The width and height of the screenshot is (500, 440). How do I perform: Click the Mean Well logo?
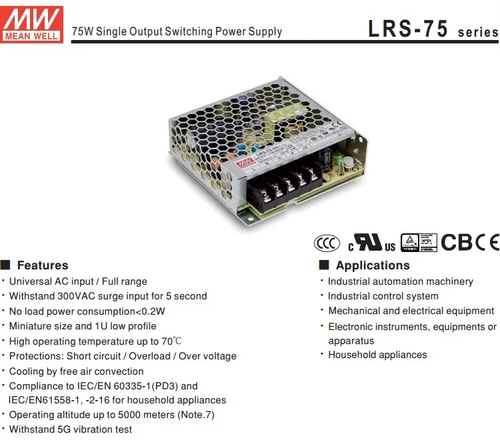pos(32,25)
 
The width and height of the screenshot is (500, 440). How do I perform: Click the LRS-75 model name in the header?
pos(409,29)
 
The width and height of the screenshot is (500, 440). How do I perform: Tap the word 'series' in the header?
pos(478,32)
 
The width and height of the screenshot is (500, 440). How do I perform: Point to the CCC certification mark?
pos(327,243)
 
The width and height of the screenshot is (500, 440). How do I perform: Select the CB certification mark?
pos(457,242)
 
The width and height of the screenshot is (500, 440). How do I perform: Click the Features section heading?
pos(42,265)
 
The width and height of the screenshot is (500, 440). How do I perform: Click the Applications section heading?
pos(373,265)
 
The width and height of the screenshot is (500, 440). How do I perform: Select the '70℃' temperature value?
pos(171,341)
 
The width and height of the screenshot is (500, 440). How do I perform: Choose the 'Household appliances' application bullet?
pos(377,355)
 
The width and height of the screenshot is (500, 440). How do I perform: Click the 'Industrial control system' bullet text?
pos(383,296)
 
